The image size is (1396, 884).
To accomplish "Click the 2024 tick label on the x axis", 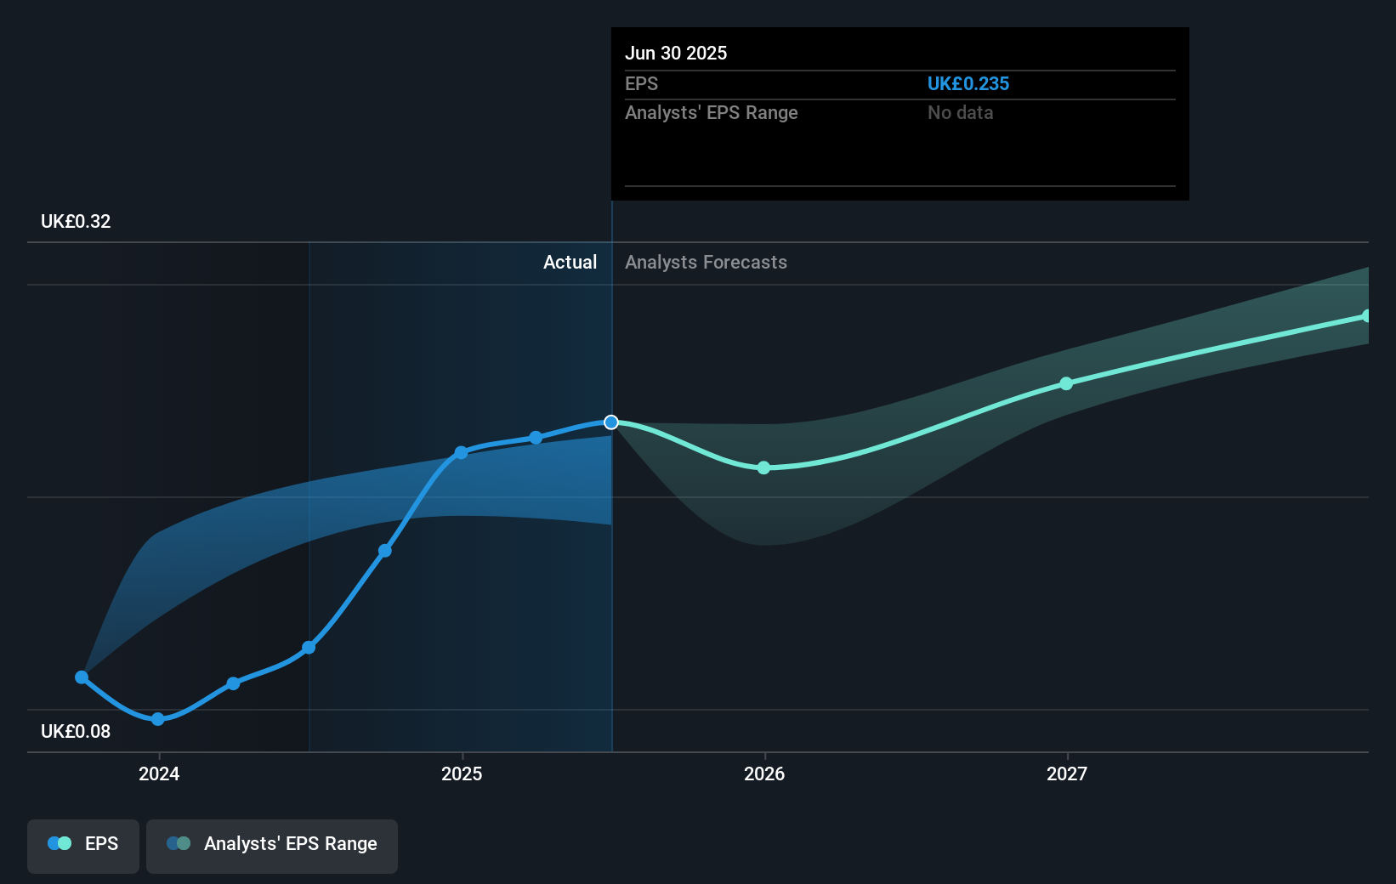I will pyautogui.click(x=159, y=773).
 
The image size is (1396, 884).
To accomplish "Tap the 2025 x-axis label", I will pyautogui.click(x=462, y=773).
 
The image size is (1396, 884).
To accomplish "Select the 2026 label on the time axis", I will pyautogui.click(x=764, y=773).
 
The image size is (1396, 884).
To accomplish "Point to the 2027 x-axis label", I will pyautogui.click(x=1067, y=773).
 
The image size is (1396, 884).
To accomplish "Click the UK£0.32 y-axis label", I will pyautogui.click(x=76, y=221).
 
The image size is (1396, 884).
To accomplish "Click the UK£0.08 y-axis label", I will pyautogui.click(x=76, y=731).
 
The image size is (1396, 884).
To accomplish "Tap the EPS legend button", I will pyautogui.click(x=83, y=845).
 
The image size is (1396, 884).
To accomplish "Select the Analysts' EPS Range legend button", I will pyautogui.click(x=272, y=845).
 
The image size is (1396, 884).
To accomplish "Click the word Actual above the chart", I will pyautogui.click(x=570, y=262).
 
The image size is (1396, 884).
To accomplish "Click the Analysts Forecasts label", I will pyautogui.click(x=706, y=262).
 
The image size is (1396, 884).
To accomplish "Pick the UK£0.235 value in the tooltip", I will pyautogui.click(x=968, y=83).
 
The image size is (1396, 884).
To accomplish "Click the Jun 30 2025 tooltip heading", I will pyautogui.click(x=676, y=53).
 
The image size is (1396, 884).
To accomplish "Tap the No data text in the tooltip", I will pyautogui.click(x=960, y=112).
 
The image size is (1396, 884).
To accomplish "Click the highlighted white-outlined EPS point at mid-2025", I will pyautogui.click(x=611, y=422).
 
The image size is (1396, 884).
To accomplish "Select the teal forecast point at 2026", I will pyautogui.click(x=763, y=467).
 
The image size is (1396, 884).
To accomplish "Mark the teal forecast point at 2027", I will pyautogui.click(x=1066, y=383).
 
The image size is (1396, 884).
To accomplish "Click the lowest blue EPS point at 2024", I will pyautogui.click(x=157, y=719).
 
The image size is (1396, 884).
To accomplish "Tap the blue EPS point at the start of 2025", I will pyautogui.click(x=461, y=452).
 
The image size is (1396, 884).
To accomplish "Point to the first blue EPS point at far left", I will pyautogui.click(x=82, y=677).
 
